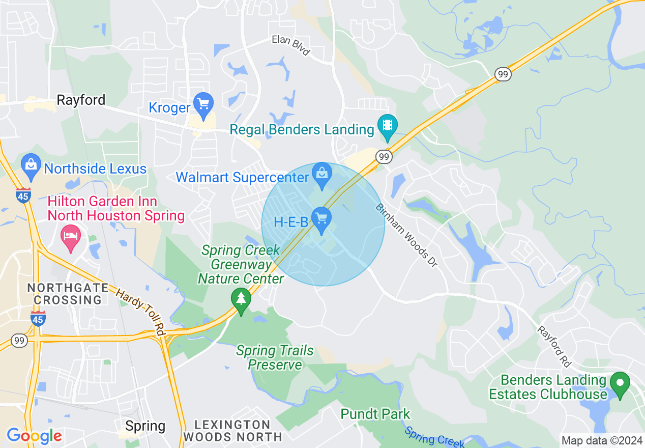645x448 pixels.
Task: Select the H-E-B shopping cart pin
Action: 321,218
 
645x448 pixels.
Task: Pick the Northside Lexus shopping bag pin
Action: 32,165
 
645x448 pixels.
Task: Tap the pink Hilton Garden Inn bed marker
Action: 71,236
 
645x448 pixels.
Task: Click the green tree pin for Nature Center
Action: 241,299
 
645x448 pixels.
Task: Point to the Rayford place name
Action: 81,100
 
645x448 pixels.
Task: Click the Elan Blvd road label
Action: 290,45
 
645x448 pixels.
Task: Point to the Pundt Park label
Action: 375,414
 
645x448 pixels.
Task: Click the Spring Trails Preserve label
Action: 275,357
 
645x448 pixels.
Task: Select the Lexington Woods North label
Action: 232,431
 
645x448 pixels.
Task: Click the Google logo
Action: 34,436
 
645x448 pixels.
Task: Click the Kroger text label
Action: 169,107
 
